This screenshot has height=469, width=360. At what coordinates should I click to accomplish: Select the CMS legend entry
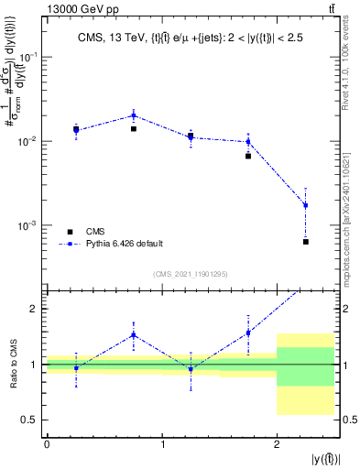tap(100, 231)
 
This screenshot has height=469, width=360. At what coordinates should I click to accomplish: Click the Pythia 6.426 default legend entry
tap(124, 244)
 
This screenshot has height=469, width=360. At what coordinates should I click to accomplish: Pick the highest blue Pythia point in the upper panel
tap(134, 115)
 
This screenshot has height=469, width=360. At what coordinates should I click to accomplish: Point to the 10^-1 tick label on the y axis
tap(32, 57)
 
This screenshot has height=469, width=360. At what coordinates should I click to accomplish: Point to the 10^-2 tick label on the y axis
tap(32, 141)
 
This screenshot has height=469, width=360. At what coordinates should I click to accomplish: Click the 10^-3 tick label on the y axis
tap(32, 225)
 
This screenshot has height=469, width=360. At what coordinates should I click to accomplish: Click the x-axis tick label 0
tap(47, 445)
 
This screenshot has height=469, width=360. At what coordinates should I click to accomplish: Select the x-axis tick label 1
tap(162, 445)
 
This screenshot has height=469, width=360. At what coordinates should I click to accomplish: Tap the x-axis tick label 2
tap(277, 445)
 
